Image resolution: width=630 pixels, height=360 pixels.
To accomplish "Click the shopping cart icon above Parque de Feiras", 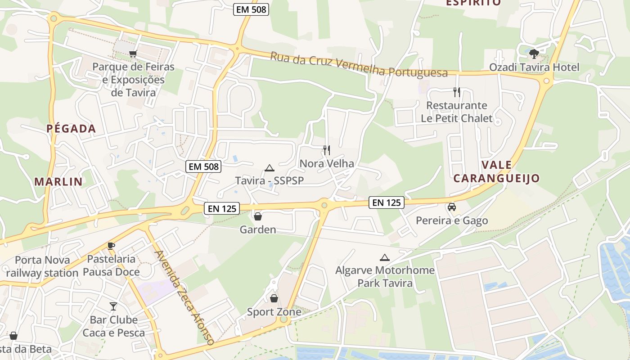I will (x=133, y=54).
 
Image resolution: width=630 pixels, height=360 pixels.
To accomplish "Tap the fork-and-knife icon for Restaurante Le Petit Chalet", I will (x=457, y=92).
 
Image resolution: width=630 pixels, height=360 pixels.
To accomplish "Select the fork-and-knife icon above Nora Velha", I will (x=327, y=150).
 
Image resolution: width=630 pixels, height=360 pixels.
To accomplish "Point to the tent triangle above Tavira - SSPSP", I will (x=270, y=168).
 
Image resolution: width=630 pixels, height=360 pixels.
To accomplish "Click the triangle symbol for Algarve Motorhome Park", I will (x=384, y=257).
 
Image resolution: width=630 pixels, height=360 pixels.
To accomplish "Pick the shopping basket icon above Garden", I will (x=258, y=216).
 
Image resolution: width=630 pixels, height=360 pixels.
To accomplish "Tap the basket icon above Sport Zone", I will (x=274, y=298).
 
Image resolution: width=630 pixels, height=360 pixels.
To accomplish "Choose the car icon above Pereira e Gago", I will (x=452, y=207).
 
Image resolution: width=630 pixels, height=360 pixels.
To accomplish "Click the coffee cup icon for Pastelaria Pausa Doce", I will (x=111, y=246).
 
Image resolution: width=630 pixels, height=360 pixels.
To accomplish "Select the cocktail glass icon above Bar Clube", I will (x=113, y=306).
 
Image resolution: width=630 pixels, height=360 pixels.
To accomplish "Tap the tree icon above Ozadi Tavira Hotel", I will (x=534, y=54).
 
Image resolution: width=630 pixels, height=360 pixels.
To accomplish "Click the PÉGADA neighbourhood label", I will (x=71, y=129).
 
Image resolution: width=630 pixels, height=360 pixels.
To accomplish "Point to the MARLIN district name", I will (x=58, y=182).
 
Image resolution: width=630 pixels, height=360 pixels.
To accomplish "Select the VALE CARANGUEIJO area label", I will (x=496, y=171).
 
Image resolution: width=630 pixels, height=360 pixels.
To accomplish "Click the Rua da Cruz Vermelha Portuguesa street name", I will (x=359, y=65).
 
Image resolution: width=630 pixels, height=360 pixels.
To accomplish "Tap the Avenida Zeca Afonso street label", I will (x=184, y=297).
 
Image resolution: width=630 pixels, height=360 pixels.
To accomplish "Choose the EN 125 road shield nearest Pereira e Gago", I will (x=387, y=202).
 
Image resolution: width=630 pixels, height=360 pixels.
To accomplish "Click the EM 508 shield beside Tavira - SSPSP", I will (x=204, y=166).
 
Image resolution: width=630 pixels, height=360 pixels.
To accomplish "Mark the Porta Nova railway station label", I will (x=42, y=266).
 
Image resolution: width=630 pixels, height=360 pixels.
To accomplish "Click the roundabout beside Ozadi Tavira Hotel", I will (x=547, y=81).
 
